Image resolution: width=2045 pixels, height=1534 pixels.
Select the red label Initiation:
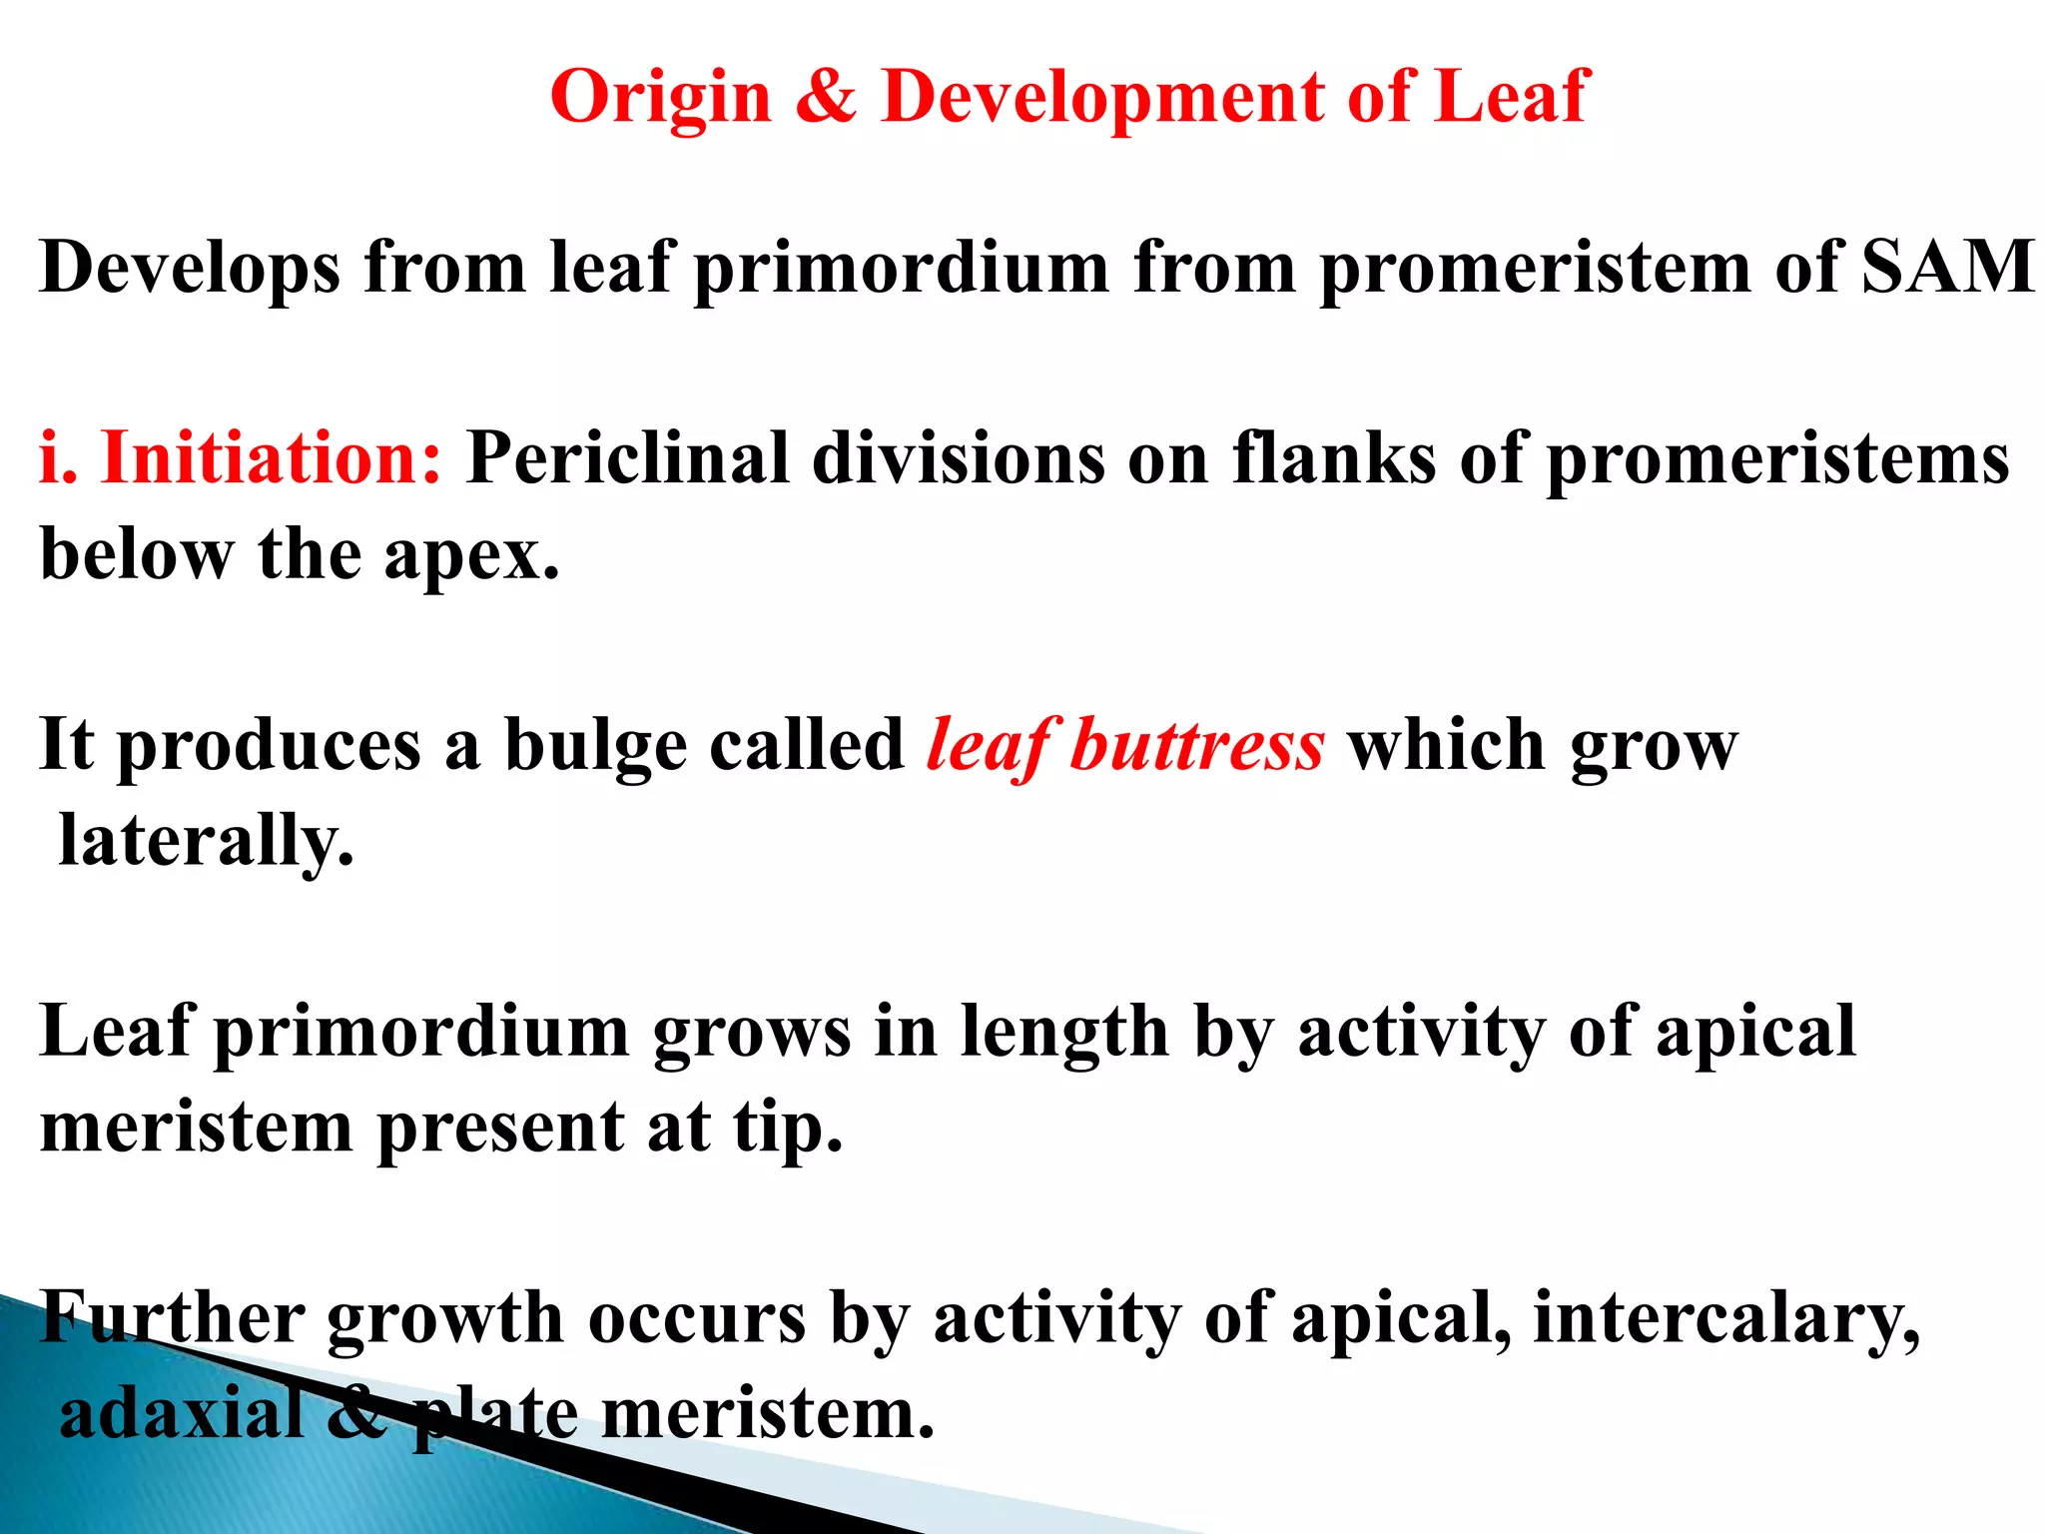point(270,458)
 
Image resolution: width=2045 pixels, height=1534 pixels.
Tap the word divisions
point(958,458)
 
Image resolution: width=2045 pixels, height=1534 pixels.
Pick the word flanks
point(1334,458)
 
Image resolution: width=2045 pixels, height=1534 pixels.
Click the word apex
point(471,555)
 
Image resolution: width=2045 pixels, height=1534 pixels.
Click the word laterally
point(207,841)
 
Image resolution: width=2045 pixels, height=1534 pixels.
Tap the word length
point(1063,1033)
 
